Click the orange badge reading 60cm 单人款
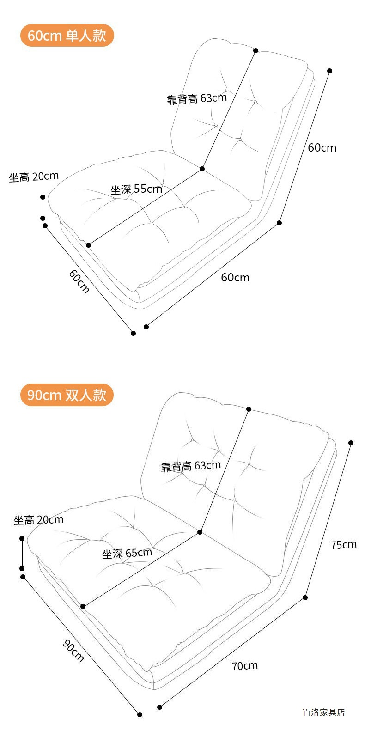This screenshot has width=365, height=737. pos(67,36)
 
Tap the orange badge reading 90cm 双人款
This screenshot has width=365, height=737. pos(67,395)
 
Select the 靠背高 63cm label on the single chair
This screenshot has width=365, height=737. pos(197,98)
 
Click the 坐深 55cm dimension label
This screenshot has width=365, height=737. pos(136,189)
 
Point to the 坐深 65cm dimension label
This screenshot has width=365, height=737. pos(127,553)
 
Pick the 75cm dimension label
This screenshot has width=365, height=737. pos(343,545)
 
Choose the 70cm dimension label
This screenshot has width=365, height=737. pos(244,666)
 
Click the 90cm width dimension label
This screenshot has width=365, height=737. pos(73,651)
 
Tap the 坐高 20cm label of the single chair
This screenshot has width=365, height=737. pos(34,177)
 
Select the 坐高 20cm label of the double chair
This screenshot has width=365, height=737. pos(38,520)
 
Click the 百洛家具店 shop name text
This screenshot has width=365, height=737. pos(323,712)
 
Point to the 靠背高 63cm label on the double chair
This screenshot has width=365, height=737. pos(191,466)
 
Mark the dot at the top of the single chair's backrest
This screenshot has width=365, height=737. pos(255,50)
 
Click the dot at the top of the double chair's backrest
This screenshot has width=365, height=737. pos(249,409)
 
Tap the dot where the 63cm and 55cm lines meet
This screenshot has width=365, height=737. pos(202,169)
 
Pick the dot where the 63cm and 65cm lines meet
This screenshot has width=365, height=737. pos(200,532)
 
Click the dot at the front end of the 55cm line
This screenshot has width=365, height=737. pos(88,245)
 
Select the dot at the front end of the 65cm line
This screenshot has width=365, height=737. pos(83,606)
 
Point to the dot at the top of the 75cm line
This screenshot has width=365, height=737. pos(351,443)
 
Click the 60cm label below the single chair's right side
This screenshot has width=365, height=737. pos(235,277)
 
